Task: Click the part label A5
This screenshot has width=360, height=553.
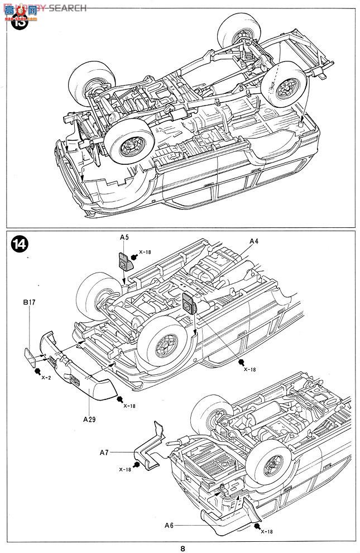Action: click(x=124, y=237)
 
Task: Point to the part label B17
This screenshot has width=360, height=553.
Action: click(x=30, y=303)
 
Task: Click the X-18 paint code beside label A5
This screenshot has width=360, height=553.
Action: click(x=145, y=252)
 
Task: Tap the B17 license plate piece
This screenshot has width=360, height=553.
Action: click(x=29, y=354)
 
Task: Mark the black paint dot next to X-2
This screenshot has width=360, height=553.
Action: click(x=37, y=371)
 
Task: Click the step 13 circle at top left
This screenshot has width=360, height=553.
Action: click(x=20, y=22)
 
